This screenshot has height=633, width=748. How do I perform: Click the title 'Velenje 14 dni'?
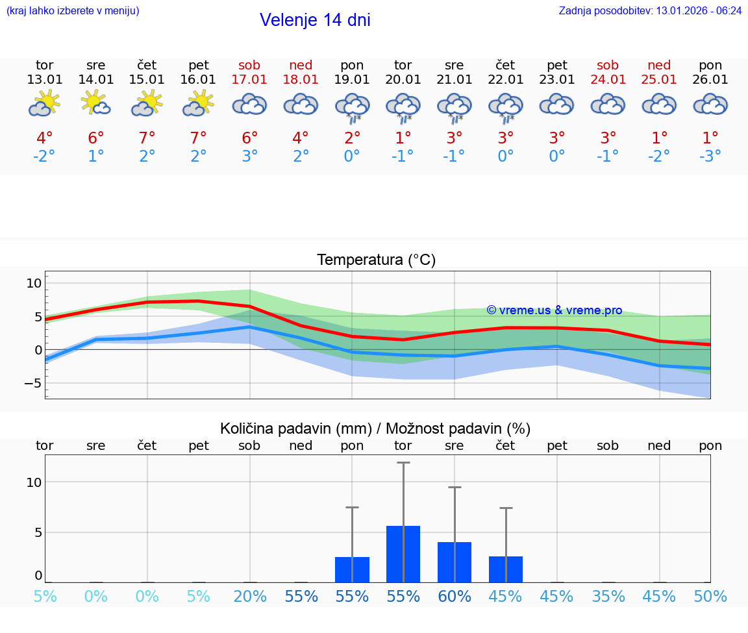click(x=315, y=20)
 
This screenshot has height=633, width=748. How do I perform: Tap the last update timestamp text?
click(x=650, y=10)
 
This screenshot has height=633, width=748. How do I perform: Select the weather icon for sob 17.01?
click(x=250, y=105)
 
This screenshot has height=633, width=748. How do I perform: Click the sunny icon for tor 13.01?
click(x=44, y=103)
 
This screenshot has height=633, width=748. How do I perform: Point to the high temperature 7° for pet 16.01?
click(x=198, y=138)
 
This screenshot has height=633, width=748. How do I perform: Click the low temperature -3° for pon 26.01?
click(x=710, y=156)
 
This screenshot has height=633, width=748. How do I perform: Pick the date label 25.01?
click(x=659, y=79)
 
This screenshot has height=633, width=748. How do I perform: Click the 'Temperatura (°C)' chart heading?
click(x=376, y=260)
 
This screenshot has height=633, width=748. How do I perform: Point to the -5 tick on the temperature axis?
click(x=33, y=383)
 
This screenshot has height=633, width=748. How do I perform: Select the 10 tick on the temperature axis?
click(x=34, y=283)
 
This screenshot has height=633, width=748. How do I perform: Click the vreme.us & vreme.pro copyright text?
click(x=555, y=310)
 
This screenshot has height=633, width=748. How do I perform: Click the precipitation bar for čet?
click(x=506, y=569)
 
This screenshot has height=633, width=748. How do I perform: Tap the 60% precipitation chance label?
click(x=455, y=597)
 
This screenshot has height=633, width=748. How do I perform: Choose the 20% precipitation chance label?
click(x=250, y=597)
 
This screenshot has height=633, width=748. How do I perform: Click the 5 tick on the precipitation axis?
click(x=38, y=532)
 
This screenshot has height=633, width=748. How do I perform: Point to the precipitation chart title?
click(x=375, y=428)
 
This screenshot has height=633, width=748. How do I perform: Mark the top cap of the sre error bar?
click(x=455, y=487)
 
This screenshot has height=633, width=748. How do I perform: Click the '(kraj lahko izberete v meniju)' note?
click(x=73, y=10)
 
